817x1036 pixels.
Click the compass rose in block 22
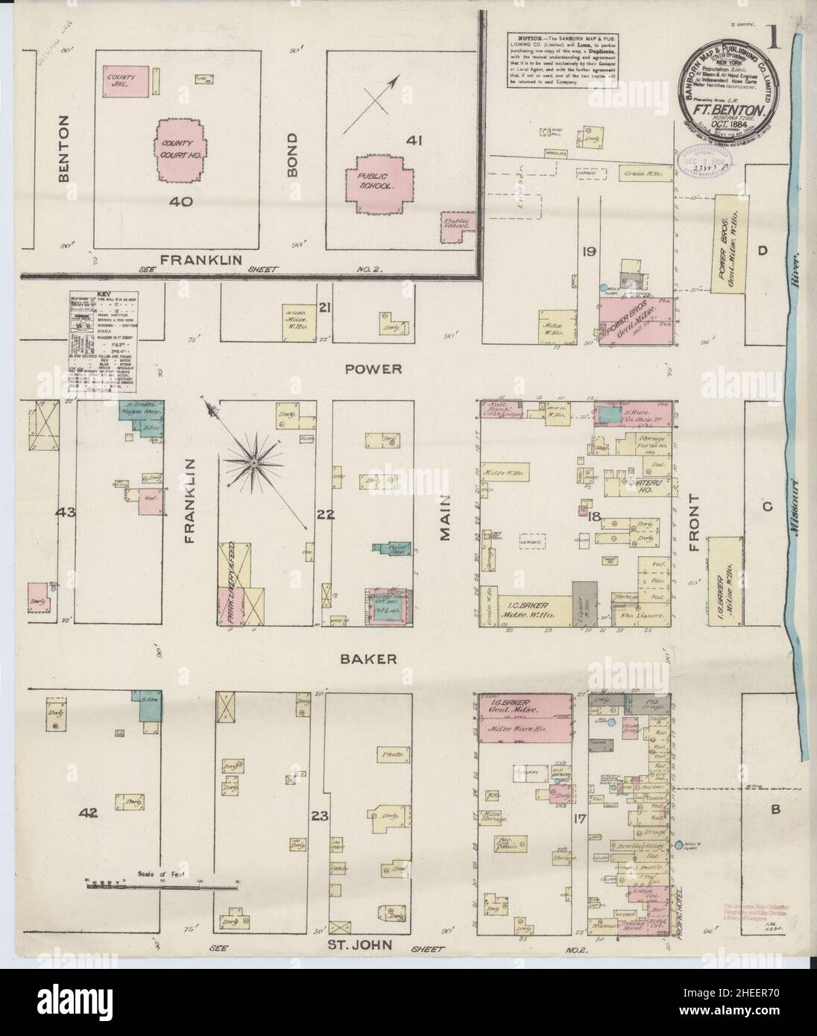click(253, 464)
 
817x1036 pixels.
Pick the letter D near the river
click(762, 252)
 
